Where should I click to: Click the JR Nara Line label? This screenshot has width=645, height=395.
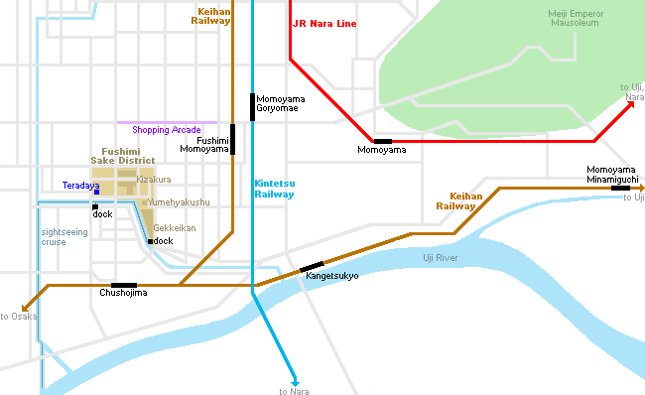[x=323, y=22]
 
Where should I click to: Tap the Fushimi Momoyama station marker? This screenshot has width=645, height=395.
[x=233, y=140]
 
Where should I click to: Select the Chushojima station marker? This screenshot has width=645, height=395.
[x=124, y=285]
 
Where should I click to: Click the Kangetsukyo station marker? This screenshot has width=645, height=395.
[x=312, y=266]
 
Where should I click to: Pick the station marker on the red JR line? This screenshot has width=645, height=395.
[x=382, y=141]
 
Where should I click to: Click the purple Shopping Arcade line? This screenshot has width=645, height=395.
[x=167, y=122]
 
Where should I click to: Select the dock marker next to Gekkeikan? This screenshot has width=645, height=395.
[x=150, y=241]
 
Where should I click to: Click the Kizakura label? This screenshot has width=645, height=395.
[x=154, y=179]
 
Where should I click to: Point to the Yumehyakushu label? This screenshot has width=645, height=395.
[x=179, y=201]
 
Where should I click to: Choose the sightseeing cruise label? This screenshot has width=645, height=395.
[x=61, y=236]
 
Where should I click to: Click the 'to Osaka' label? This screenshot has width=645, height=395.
[x=19, y=316]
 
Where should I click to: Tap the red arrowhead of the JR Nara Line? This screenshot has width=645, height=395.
[x=633, y=104]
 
